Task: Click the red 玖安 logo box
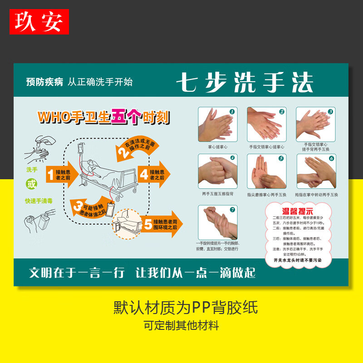[x=39, y=22]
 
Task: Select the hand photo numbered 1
[x=217, y=124]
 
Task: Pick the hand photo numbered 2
[x=266, y=124]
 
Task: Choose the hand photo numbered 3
[x=316, y=124]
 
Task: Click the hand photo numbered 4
[x=217, y=171]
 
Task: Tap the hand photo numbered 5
[x=266, y=171]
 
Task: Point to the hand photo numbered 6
[x=316, y=171]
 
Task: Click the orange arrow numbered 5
[x=158, y=224]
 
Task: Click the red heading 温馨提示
[x=298, y=211]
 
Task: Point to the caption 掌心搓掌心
[x=217, y=147]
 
